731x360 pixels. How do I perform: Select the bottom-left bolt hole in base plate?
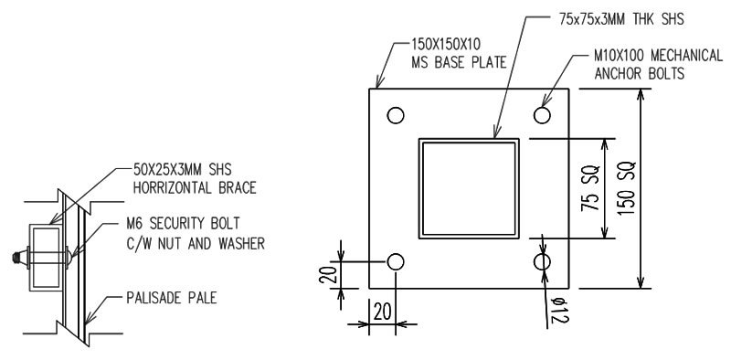tap(395, 262)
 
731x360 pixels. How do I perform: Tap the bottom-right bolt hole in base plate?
tap(543, 262)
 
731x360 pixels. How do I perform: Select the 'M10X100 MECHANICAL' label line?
tap(654, 60)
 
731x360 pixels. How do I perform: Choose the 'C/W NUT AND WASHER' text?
tap(205, 244)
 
